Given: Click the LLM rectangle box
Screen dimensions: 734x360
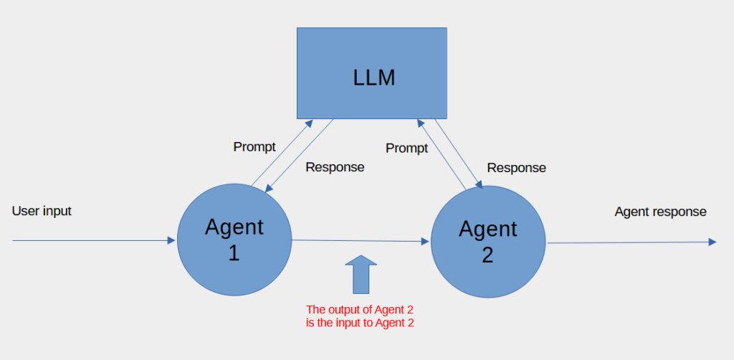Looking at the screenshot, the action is (372, 73).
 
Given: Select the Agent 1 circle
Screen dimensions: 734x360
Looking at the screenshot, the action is (234, 240).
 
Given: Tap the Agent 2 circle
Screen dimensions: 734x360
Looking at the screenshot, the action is (487, 242).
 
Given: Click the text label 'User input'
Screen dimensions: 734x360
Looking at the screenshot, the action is (42, 211).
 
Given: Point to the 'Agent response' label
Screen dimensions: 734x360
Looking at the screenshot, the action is (660, 212).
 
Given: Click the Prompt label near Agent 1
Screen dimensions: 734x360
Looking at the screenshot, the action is (254, 147).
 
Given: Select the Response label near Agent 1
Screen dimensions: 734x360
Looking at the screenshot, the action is (335, 167).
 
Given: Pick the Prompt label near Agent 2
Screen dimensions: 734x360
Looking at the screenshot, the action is (407, 148).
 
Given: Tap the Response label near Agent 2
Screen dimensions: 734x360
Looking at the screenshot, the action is (516, 168).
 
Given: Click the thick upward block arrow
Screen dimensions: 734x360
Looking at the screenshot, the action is (361, 275).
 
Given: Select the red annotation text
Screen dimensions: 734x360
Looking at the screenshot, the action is (360, 316).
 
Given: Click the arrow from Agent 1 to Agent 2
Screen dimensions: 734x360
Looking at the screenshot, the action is (361, 241).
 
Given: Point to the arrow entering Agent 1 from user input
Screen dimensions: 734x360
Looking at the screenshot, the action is (94, 240).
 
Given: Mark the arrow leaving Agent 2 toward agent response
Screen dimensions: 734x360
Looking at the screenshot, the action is (631, 242).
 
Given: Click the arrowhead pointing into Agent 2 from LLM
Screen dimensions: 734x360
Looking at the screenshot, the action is (478, 184).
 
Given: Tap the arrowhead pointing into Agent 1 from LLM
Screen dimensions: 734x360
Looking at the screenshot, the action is (269, 188).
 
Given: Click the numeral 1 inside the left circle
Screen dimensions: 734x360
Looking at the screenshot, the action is (234, 253).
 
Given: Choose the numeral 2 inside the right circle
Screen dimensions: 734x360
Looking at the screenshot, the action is (487, 255).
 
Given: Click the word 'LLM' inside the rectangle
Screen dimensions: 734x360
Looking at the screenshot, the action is (374, 77).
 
